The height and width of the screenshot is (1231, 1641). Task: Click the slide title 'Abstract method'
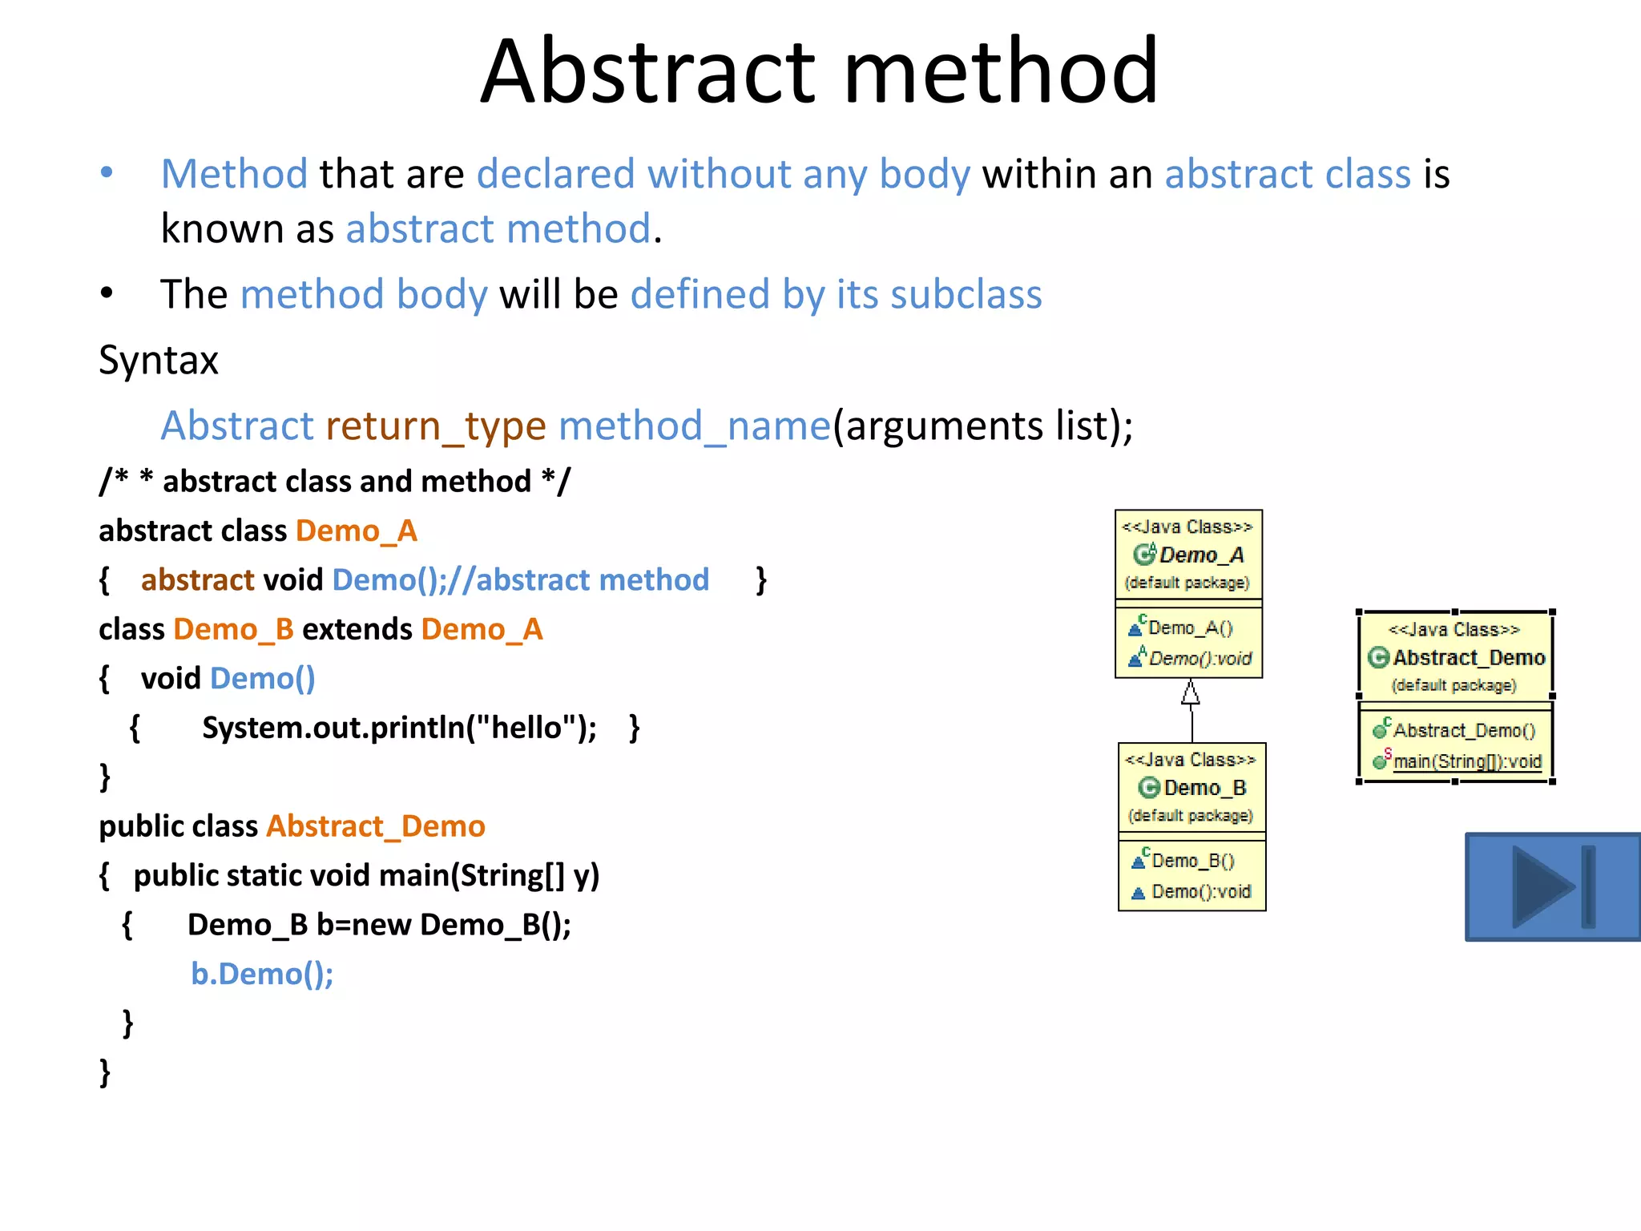click(819, 72)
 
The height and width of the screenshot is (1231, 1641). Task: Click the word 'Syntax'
click(159, 361)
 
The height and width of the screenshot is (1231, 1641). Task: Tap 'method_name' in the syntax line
click(695, 426)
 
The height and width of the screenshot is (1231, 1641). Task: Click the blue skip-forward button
click(1552, 886)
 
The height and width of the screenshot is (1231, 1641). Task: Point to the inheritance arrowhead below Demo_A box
click(1191, 692)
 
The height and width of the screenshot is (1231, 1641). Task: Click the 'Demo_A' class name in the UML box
click(1201, 555)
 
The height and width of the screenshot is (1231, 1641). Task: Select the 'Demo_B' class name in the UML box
click(1204, 788)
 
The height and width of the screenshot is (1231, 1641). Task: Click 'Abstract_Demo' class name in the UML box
click(1469, 658)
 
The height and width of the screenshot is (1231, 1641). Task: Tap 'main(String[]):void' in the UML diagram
click(1467, 761)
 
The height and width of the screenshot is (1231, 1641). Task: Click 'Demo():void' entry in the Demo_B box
click(1201, 892)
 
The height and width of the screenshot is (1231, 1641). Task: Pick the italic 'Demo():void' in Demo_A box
click(1200, 659)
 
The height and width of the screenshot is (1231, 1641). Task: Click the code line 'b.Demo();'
click(262, 974)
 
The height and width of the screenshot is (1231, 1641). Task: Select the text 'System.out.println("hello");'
click(399, 728)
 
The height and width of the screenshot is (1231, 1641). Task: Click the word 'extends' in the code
click(357, 630)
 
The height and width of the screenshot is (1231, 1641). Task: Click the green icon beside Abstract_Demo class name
click(1378, 658)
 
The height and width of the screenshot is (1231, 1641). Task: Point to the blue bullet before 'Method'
click(107, 172)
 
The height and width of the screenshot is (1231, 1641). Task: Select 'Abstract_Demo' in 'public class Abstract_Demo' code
click(375, 826)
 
